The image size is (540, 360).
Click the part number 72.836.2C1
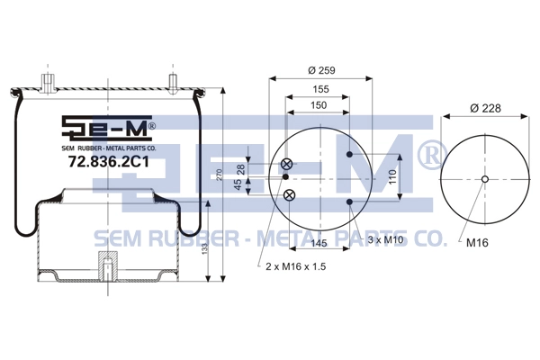click(x=109, y=161)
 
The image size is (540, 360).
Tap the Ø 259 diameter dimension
click(x=321, y=70)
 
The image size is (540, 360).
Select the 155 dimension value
click(x=320, y=89)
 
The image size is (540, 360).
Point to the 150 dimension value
click(x=319, y=105)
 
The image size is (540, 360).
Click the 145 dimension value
click(x=319, y=243)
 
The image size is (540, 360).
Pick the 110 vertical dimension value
click(x=393, y=177)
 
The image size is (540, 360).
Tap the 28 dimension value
click(x=240, y=169)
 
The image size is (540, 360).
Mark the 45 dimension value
click(x=238, y=184)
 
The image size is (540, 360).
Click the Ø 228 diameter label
click(x=485, y=108)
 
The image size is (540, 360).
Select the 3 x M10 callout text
click(x=385, y=239)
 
